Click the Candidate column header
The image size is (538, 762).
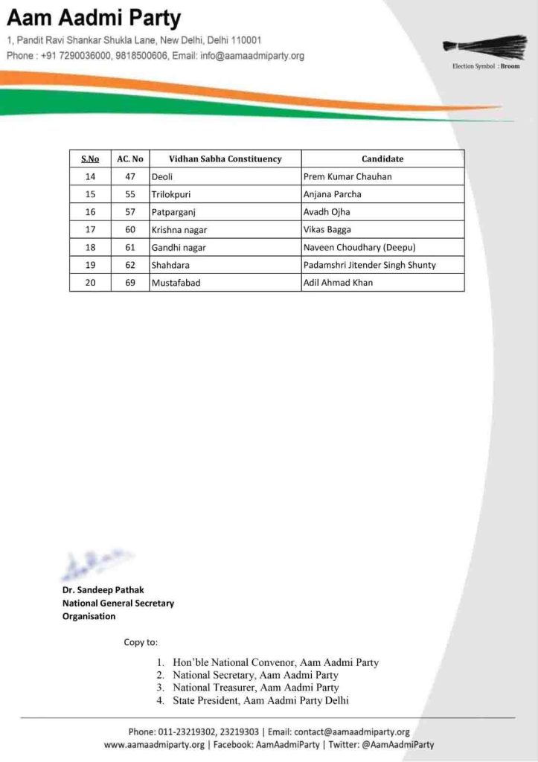click(382, 159)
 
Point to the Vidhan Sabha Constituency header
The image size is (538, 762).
click(225, 159)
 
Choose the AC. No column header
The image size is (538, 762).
click(130, 159)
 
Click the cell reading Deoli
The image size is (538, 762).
click(162, 176)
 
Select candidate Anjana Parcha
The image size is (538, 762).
click(333, 194)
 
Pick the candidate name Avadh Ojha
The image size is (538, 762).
click(327, 212)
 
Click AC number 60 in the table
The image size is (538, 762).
click(130, 230)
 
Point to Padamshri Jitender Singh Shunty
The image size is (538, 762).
click(369, 265)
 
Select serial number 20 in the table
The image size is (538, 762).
click(90, 283)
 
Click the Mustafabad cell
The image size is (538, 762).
click(176, 283)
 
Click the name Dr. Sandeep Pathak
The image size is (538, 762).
click(104, 590)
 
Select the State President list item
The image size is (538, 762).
click(260, 700)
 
